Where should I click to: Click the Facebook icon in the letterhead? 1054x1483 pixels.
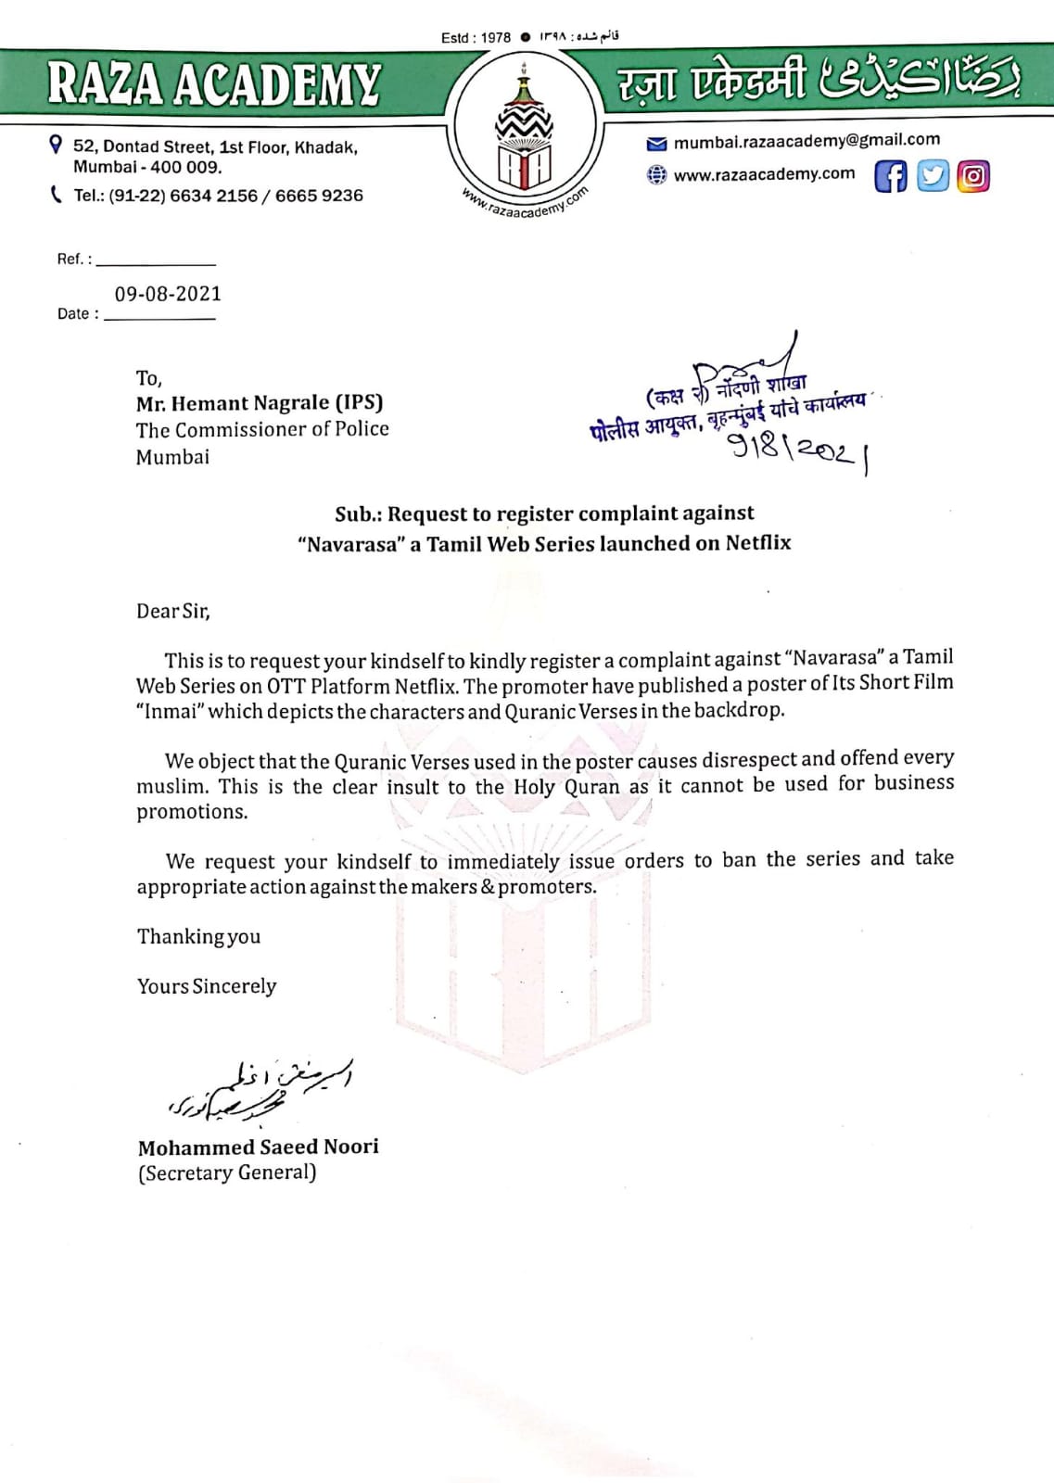[x=890, y=176]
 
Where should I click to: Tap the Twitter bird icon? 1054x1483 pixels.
[x=933, y=176]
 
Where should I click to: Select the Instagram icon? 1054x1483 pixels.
[x=973, y=176]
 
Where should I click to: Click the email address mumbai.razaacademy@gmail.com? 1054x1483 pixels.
[x=806, y=141]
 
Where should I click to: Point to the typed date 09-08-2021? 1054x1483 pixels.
[x=168, y=295]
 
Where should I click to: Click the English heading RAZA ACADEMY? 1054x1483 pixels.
[x=214, y=83]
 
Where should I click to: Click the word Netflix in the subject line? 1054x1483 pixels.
[x=758, y=543]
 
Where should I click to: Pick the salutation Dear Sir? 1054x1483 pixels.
[x=173, y=612]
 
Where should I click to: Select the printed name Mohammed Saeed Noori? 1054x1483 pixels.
[x=258, y=1147]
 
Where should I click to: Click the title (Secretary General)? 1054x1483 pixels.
[x=227, y=1173]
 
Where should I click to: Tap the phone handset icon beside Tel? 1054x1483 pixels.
[x=57, y=195]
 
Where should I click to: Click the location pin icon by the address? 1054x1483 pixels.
[x=57, y=145]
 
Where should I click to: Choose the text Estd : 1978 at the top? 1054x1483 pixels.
[x=476, y=38]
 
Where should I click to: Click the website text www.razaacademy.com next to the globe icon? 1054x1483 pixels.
[x=764, y=174]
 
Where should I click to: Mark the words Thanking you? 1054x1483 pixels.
[x=198, y=937]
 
